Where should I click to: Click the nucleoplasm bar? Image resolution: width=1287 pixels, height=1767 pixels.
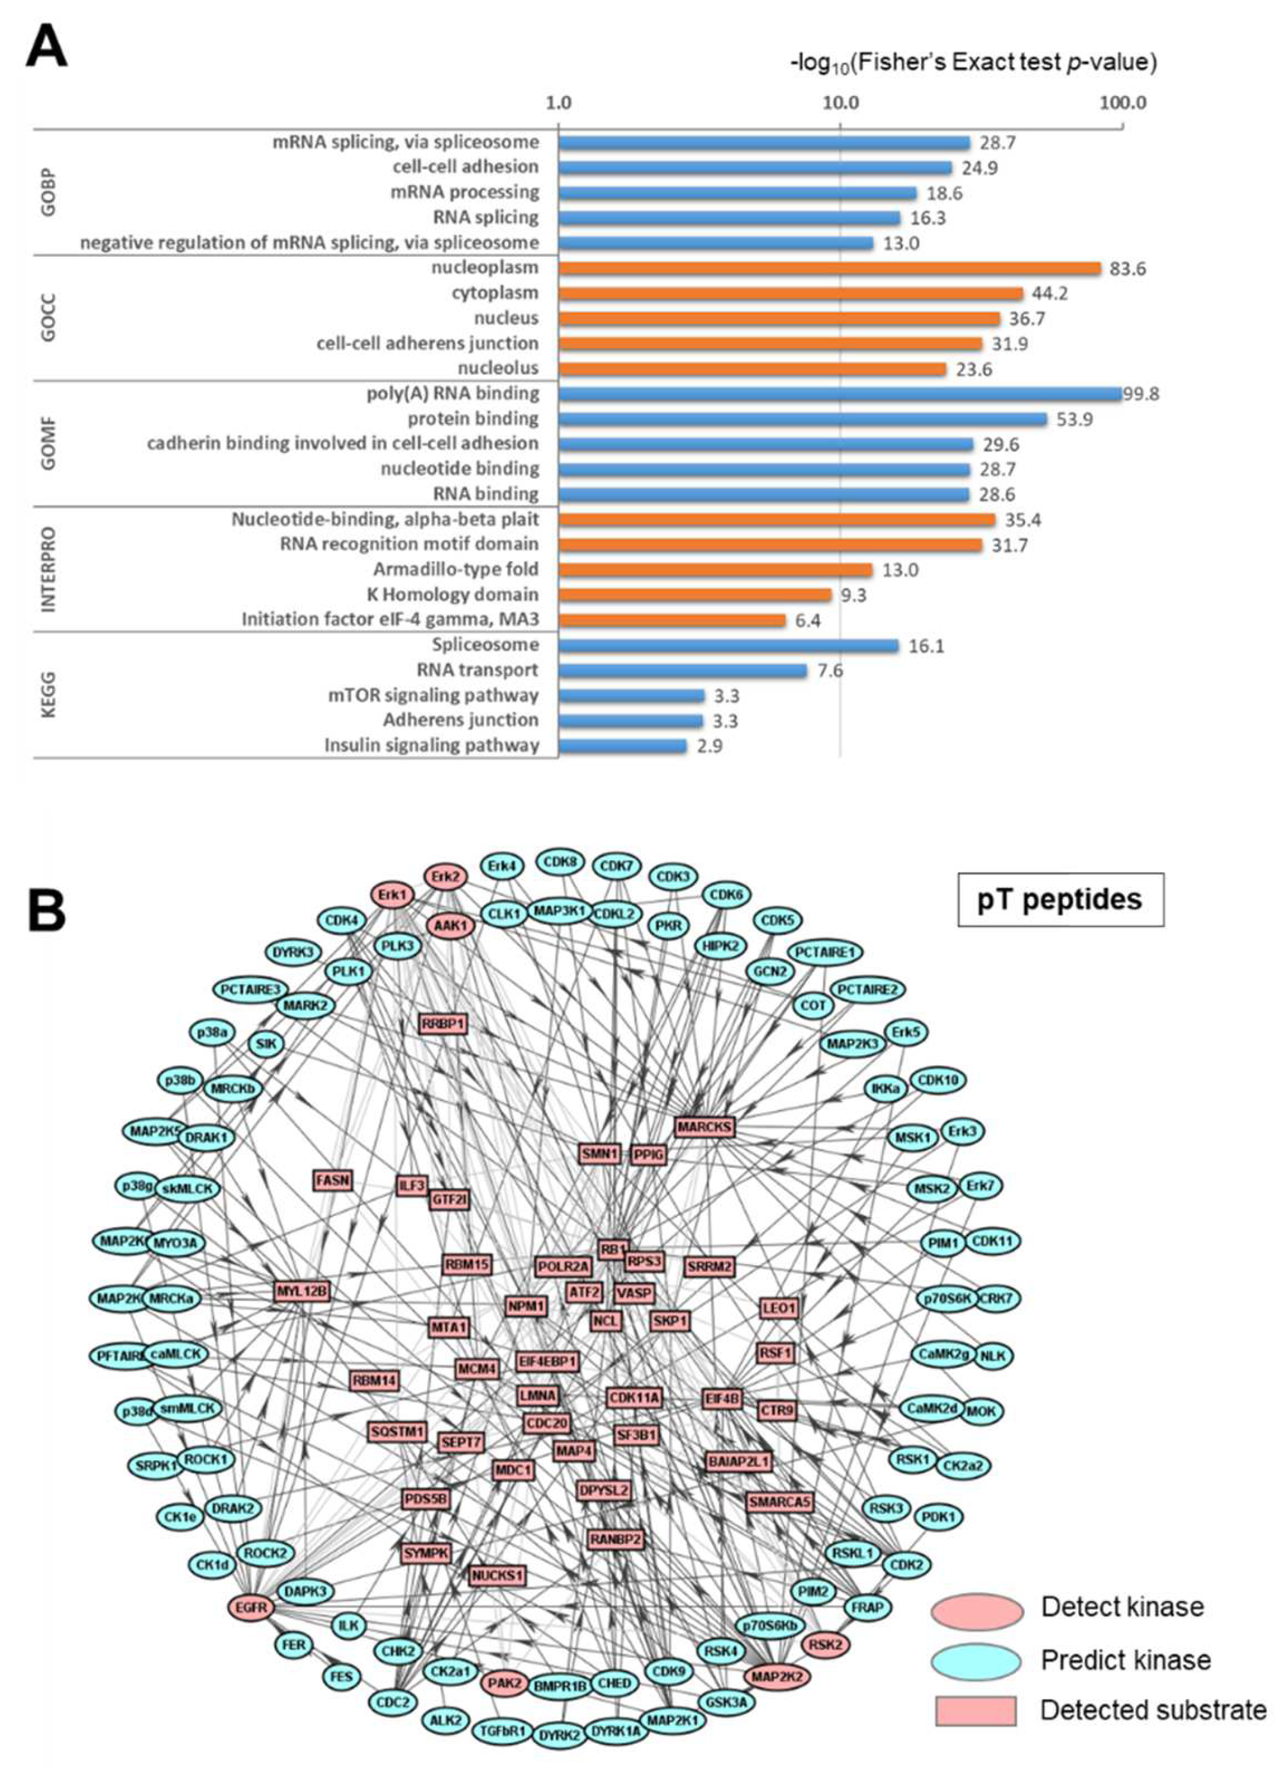(x=829, y=269)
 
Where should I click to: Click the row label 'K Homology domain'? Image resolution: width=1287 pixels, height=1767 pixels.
(x=453, y=594)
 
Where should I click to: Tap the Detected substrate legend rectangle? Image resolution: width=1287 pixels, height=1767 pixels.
(x=976, y=1710)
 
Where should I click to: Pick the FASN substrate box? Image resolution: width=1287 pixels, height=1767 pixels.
(x=333, y=1180)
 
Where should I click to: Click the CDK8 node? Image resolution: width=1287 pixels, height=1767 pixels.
(x=560, y=862)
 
